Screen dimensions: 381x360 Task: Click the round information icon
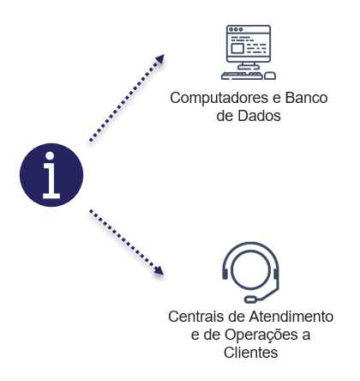pos(51,175)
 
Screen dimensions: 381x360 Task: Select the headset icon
pos(249,272)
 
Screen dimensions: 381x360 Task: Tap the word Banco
pos(306,98)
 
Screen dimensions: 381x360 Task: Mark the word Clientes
pos(249,350)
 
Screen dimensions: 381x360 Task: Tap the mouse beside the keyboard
pos(269,76)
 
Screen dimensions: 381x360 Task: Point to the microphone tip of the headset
pos(250,299)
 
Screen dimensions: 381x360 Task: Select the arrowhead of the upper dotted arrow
pos(159,59)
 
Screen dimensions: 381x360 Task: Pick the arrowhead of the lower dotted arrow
pos(159,273)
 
